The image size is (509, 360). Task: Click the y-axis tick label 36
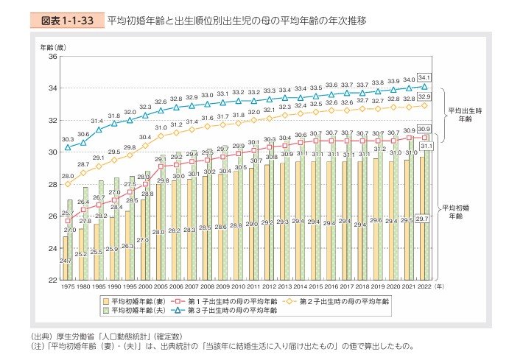tap(52, 56)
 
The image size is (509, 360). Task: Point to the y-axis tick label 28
tap(52, 184)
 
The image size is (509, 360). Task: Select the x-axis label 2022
tap(424, 286)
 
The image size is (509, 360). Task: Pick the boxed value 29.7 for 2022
tap(422, 219)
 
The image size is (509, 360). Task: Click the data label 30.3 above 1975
tap(67, 138)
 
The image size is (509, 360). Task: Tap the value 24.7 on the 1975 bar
tap(66, 261)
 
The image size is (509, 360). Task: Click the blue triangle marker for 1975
tap(67, 147)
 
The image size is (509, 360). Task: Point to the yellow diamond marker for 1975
tap(67, 184)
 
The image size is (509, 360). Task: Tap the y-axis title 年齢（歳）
tap(52, 46)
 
